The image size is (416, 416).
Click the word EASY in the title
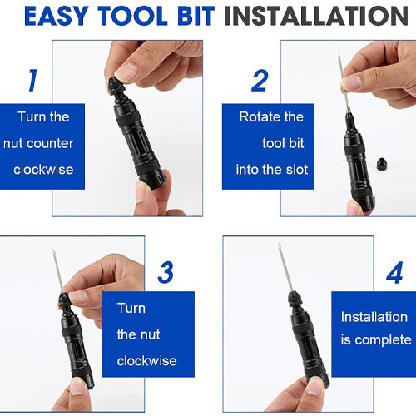pyautogui.click(x=57, y=16)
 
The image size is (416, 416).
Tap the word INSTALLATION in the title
pyautogui.click(x=316, y=16)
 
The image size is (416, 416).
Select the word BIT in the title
pyautogui.click(x=196, y=16)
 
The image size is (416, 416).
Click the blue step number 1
pyautogui.click(x=33, y=80)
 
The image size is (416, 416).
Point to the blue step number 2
pyautogui.click(x=260, y=81)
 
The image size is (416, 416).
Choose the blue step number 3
pyautogui.click(x=166, y=273)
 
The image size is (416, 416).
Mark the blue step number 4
pyautogui.click(x=395, y=273)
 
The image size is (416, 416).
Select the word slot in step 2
pyautogui.click(x=297, y=170)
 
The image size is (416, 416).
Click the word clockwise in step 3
pyautogui.click(x=146, y=361)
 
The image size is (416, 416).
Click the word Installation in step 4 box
pyautogui.click(x=374, y=317)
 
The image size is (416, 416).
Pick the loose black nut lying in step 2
pyautogui.click(x=382, y=165)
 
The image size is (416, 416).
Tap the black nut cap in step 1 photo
pyautogui.click(x=114, y=84)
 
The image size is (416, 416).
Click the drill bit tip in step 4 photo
pyautogui.click(x=280, y=245)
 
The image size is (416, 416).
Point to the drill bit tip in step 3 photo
pyautogui.click(x=53, y=250)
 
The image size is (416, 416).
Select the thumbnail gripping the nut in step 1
pyautogui.click(x=126, y=72)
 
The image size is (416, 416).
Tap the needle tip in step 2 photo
pyautogui.click(x=339, y=55)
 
